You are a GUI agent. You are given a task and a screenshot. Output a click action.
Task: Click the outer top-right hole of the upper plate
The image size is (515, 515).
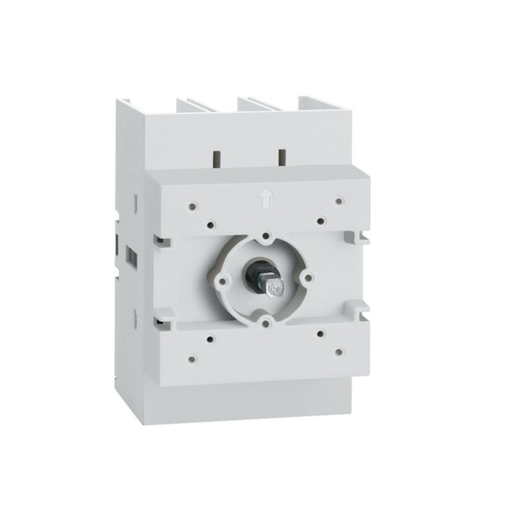point(338,201)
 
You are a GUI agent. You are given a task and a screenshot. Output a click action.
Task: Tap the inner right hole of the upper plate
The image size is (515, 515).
point(320,221)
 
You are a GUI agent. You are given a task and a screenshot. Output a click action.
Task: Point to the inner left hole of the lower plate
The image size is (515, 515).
point(211,337)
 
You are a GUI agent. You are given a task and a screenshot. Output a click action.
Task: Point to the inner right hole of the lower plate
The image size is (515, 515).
point(320,334)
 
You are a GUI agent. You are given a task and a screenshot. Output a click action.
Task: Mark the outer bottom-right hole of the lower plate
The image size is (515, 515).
point(339,351)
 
